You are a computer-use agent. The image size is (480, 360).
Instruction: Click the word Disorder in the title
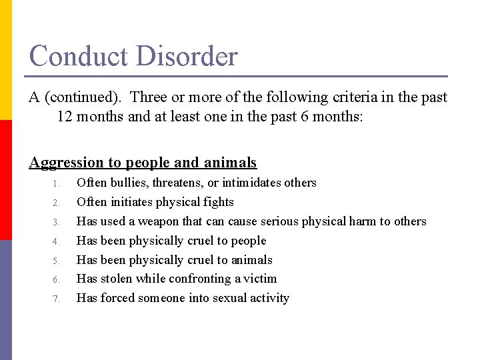pos(186,56)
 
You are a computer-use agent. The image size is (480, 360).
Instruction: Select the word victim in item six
pos(260,279)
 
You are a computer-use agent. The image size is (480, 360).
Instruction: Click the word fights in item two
pos(218,202)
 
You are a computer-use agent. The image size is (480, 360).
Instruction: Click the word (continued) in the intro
pos(84,97)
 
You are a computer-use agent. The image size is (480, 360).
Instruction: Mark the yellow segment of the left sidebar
pos(5,60)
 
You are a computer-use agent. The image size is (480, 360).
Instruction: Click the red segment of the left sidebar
pos(5,180)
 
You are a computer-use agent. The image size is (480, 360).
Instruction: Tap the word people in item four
pos(248,241)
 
